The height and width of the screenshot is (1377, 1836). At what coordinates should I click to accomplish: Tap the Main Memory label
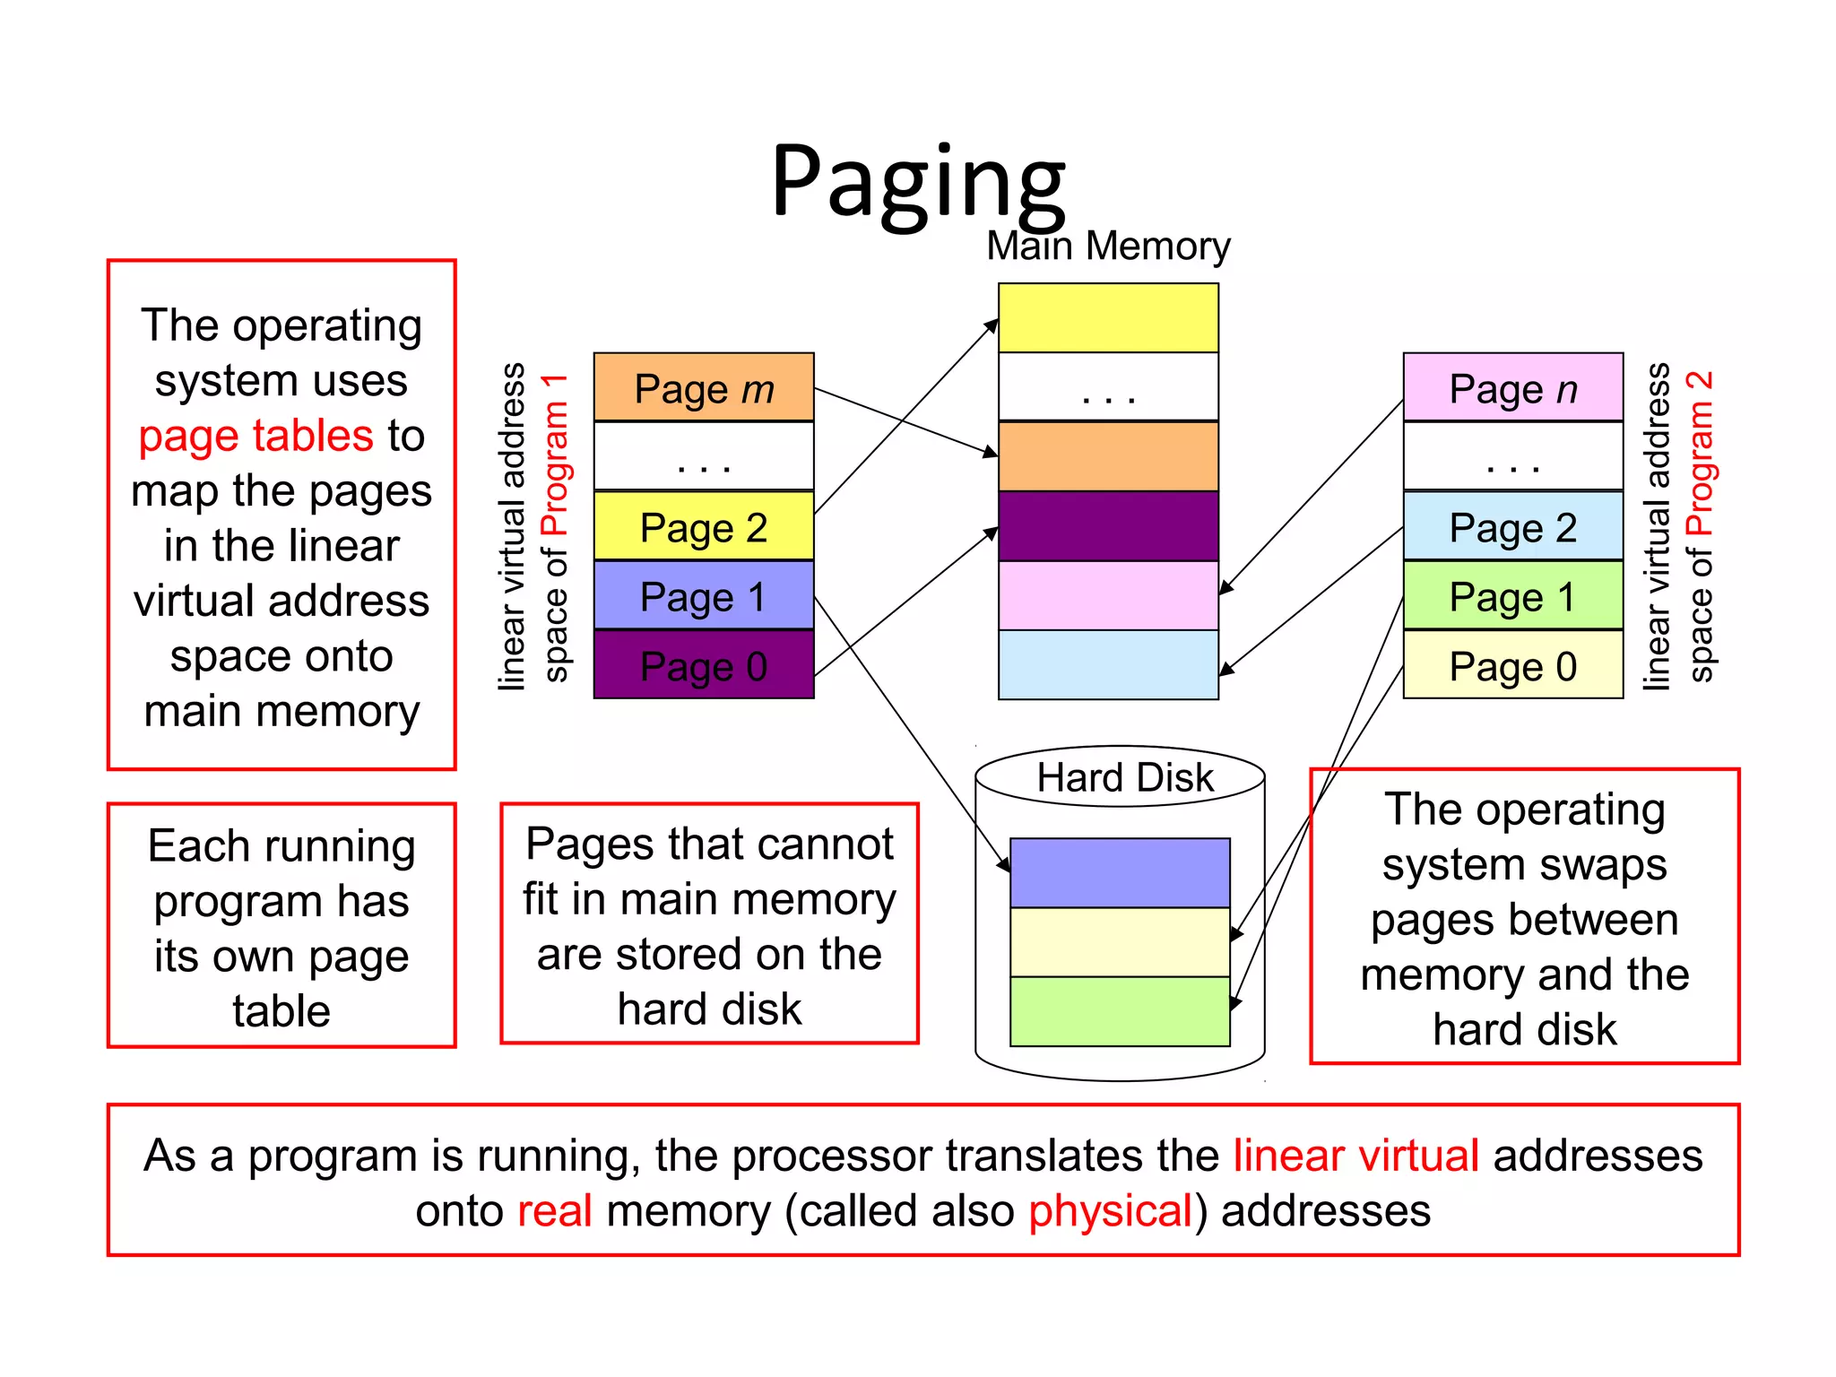coord(1108,247)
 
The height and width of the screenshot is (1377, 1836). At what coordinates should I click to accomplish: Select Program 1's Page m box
coord(704,388)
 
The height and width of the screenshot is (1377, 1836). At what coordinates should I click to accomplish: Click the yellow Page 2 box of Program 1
coord(704,526)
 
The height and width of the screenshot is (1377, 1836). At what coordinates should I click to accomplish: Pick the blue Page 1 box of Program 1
coord(704,596)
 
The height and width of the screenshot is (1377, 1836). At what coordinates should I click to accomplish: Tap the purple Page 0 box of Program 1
coord(704,665)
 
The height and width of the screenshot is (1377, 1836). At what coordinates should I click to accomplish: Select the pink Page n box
coord(1513,388)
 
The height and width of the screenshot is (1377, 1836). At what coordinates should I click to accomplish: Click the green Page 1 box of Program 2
coord(1513,596)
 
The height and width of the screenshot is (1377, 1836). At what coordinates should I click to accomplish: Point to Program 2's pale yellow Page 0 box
coord(1513,665)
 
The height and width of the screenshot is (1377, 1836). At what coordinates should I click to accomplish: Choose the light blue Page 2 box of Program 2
coord(1513,526)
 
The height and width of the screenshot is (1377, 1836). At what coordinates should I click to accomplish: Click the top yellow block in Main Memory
coord(1108,318)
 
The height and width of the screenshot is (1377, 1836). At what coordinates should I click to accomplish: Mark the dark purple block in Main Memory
coord(1108,526)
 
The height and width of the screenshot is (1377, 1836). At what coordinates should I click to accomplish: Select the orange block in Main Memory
coord(1108,456)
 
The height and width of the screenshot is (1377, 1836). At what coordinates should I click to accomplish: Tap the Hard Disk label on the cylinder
coord(1124,777)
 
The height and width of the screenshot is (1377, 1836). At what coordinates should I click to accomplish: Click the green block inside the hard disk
coord(1120,1011)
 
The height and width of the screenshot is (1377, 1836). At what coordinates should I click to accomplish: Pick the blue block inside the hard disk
coord(1120,872)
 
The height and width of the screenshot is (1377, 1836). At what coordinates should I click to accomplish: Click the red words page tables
coord(255,437)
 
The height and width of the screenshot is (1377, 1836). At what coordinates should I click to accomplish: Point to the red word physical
coord(1110,1211)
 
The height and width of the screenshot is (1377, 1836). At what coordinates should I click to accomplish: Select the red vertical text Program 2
coord(1700,453)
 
